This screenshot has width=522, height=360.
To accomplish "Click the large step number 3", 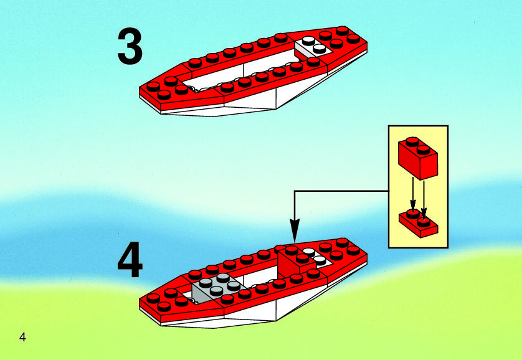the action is point(130,47).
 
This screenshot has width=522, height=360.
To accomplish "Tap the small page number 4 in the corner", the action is point(22,337).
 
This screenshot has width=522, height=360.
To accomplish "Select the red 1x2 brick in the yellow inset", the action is point(418,158).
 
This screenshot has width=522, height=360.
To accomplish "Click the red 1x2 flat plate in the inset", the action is point(419,223).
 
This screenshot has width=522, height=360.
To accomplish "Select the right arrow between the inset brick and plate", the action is point(424,199).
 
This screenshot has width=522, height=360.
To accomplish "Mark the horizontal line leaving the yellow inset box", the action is point(341,191).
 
